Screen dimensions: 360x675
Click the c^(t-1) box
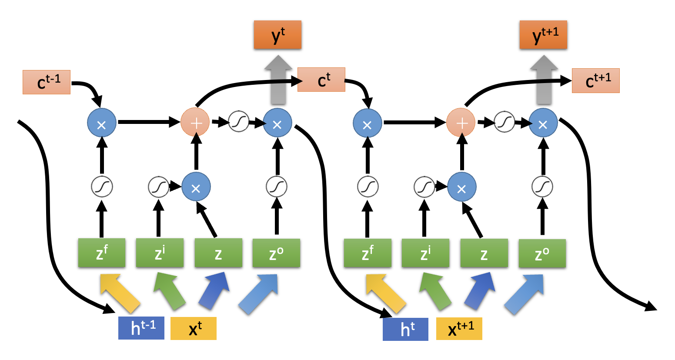(47, 82)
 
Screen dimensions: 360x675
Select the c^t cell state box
(321, 80)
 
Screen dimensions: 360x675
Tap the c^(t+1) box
(595, 80)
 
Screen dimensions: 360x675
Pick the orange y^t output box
(277, 35)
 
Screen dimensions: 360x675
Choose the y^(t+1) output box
(543, 35)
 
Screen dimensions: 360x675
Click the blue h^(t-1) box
(141, 328)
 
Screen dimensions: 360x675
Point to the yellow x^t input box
(194, 328)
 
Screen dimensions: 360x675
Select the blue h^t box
(405, 329)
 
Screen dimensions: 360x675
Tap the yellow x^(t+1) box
(459, 329)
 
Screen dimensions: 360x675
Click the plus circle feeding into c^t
(195, 123)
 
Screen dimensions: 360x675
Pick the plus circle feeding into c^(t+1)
(461, 123)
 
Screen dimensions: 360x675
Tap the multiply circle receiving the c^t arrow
(368, 124)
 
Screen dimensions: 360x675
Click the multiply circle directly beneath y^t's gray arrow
(277, 124)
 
